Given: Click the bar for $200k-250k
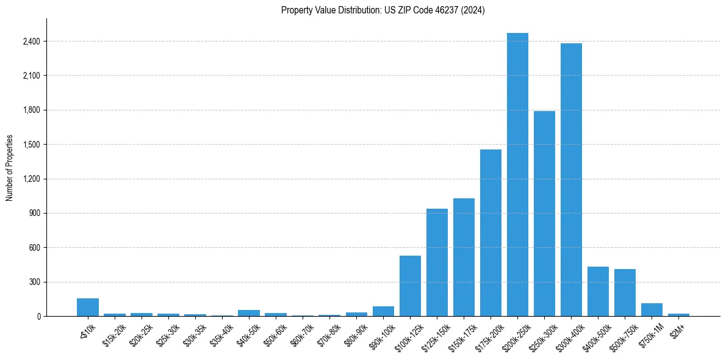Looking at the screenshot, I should (517, 175).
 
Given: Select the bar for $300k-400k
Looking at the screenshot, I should (571, 180).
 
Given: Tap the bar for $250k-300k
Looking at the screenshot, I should (544, 214).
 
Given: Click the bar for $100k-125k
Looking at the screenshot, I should (410, 286).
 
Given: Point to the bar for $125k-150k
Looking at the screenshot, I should (437, 262).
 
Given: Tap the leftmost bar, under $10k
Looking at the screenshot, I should (88, 308).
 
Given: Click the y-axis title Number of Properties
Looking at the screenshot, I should (10, 168).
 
